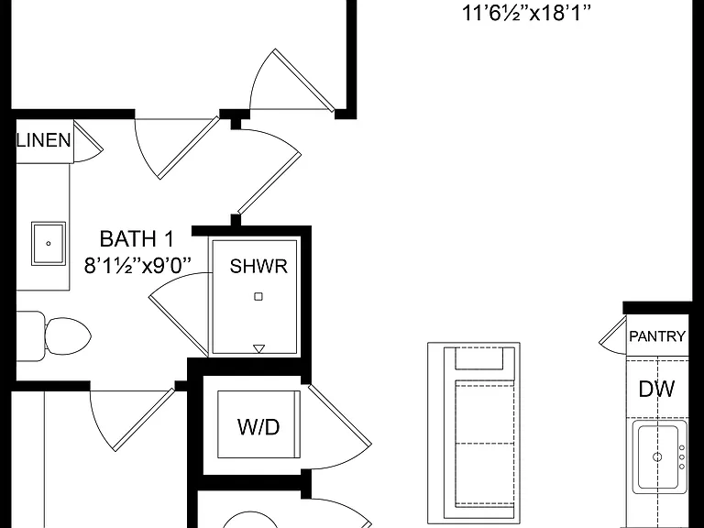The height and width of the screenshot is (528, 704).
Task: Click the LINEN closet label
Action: pyautogui.click(x=44, y=140)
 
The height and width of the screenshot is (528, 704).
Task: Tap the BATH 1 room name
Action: pyautogui.click(x=137, y=239)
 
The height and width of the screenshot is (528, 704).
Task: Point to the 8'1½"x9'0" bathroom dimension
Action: pyautogui.click(x=137, y=266)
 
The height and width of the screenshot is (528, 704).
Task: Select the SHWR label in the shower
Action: pyautogui.click(x=258, y=266)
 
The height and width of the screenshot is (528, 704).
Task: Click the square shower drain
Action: pyautogui.click(x=258, y=296)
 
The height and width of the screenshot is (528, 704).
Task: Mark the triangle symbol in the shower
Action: pyautogui.click(x=259, y=348)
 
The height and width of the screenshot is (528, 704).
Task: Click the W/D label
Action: pyautogui.click(x=258, y=426)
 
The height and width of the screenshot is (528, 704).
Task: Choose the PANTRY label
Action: pyautogui.click(x=657, y=336)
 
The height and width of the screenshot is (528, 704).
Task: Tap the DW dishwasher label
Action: pyautogui.click(x=657, y=389)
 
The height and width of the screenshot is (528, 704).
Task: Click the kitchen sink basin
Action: pyautogui.click(x=658, y=456)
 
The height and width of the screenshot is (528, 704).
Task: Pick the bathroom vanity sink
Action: pyautogui.click(x=49, y=243)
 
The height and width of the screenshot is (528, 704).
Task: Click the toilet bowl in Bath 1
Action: pyautogui.click(x=68, y=335)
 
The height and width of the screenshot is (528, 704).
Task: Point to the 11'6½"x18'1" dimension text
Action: pyautogui.click(x=526, y=13)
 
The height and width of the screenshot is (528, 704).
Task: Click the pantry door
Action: pyautogui.click(x=613, y=335)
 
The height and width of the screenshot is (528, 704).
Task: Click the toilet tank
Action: pyautogui.click(x=30, y=335)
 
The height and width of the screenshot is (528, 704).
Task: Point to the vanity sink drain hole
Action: pyautogui.click(x=49, y=244)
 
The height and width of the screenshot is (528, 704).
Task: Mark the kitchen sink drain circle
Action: pyautogui.click(x=657, y=457)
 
